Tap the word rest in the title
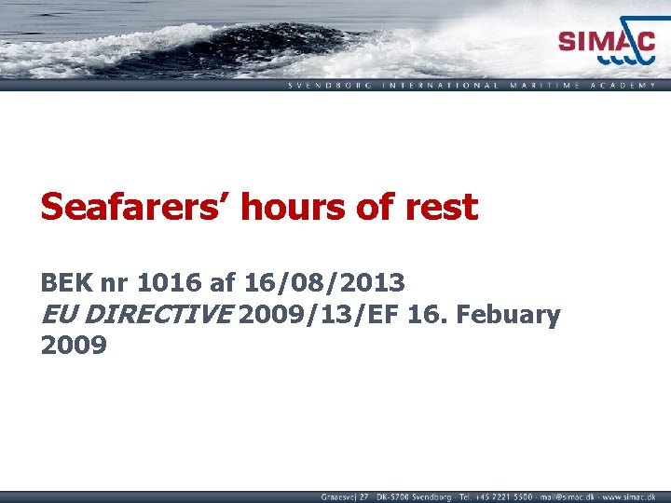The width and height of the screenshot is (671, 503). pyautogui.click(x=441, y=207)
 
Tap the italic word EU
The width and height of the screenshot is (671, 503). pyautogui.click(x=59, y=315)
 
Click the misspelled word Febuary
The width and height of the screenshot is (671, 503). pyautogui.click(x=509, y=315)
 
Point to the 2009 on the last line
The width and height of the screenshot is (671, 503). pyautogui.click(x=75, y=347)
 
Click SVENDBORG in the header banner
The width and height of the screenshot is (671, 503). pyautogui.click(x=328, y=85)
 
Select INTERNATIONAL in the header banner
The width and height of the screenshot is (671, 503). pyautogui.click(x=438, y=85)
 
